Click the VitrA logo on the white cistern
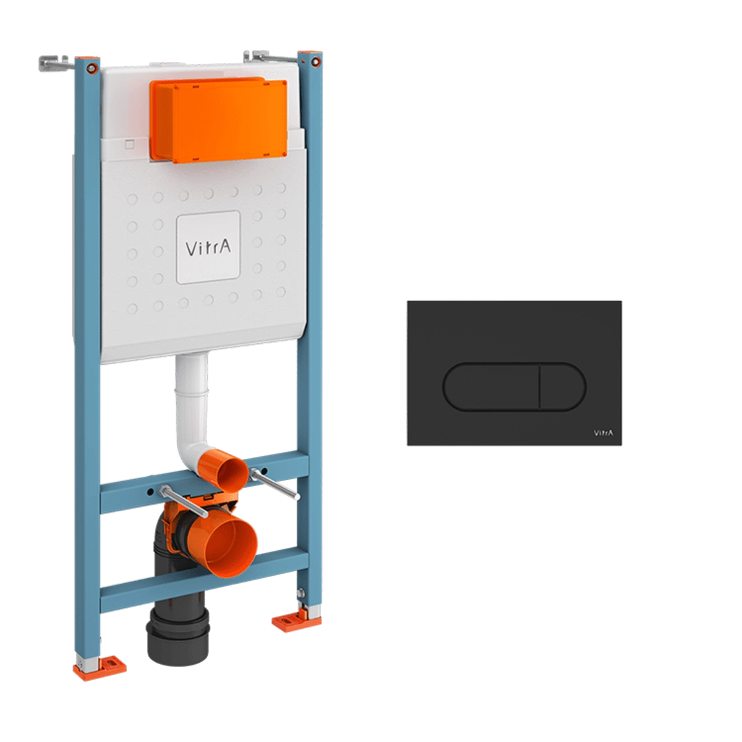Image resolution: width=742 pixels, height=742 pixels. click(208, 247)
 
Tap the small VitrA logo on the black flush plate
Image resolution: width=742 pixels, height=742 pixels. click(603, 433)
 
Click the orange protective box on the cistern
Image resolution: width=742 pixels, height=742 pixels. click(218, 120)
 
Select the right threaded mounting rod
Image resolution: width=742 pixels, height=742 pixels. click(275, 484)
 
